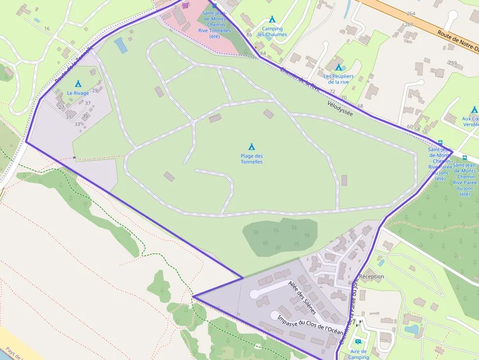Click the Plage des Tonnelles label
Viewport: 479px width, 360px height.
coord(251,159)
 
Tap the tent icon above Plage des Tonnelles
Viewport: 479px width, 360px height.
coord(252,147)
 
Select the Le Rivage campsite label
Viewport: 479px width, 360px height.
coord(78,93)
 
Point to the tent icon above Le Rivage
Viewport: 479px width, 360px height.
coord(78,84)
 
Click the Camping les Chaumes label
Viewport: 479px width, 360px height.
coord(272,31)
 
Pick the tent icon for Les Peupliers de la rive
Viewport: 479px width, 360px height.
coord(338,67)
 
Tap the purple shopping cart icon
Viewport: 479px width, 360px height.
coord(185,5)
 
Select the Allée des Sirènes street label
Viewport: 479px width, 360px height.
coord(303,297)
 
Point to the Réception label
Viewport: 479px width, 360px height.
coord(371,276)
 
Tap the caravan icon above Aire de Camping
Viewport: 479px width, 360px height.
coord(358,342)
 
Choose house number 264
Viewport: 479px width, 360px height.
coord(411,14)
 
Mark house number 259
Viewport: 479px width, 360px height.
coord(452,63)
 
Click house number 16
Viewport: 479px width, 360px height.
coord(47,28)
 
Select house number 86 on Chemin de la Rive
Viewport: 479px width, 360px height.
coord(249,35)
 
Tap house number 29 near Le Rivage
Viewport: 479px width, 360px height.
coord(94,90)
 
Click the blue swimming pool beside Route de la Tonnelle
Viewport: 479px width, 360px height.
coord(120,45)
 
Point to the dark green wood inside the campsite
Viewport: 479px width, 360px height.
coord(280,237)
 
